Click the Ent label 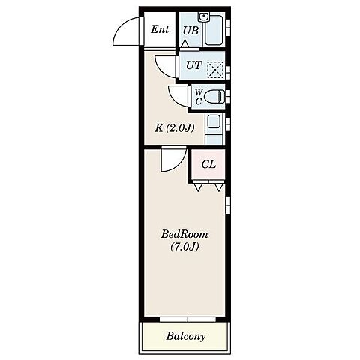coord(160,29)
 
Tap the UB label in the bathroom coord(190,31)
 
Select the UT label coord(194,65)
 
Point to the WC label coord(199,97)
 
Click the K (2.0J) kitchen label coord(175,128)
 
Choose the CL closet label coord(208,164)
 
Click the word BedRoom coord(184,234)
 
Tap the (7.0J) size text coord(184,247)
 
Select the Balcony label coord(186,336)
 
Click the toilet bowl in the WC coord(213,96)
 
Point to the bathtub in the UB coord(213,30)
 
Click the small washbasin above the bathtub coord(205,17)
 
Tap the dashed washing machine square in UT coord(215,70)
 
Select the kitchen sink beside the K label coord(214,121)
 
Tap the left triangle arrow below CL coord(198,187)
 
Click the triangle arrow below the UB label coord(185,43)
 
